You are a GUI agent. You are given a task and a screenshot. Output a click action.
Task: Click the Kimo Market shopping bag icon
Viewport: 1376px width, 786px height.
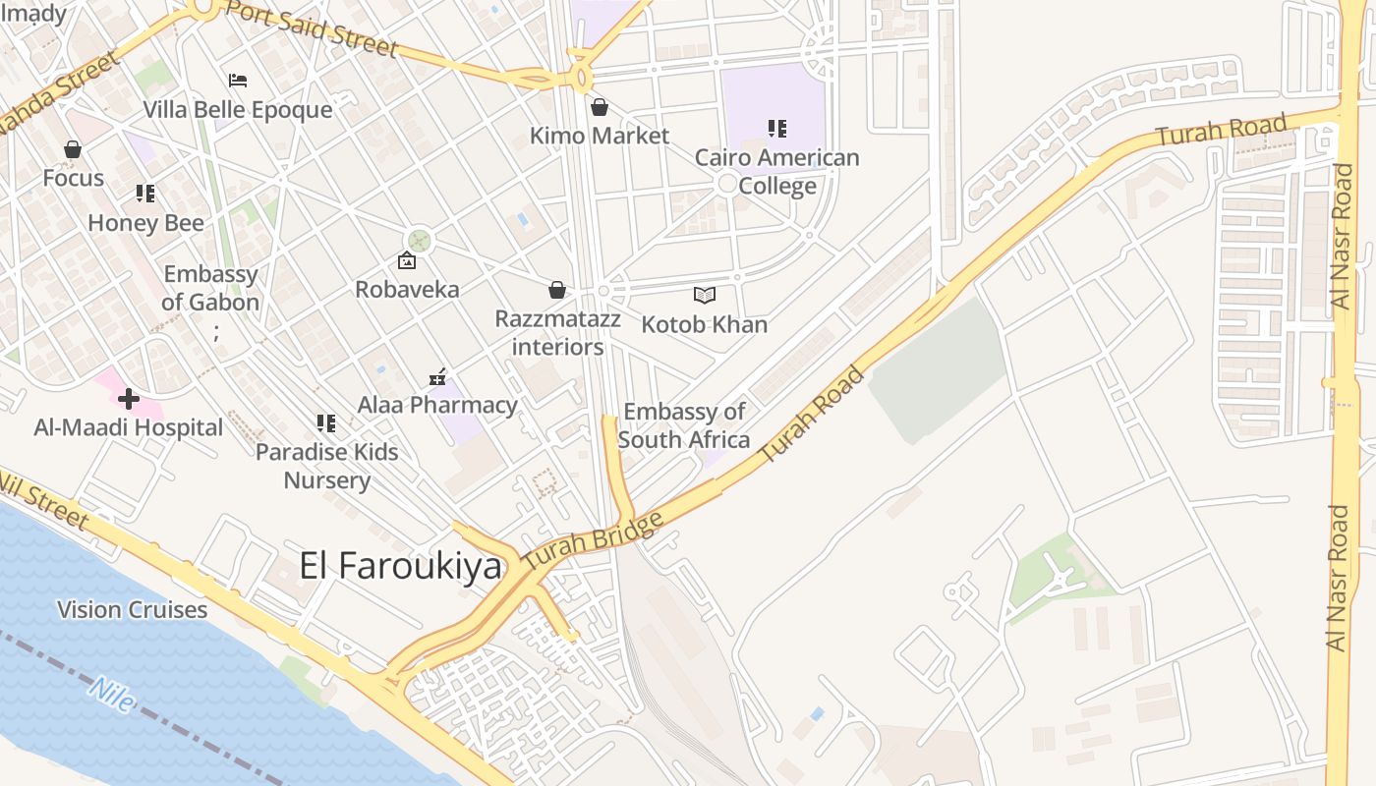coord(599,107)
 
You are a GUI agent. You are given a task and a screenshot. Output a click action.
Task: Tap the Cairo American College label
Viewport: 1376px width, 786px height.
coord(776,172)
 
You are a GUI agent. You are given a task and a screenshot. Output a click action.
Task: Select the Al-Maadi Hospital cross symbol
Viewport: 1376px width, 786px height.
coord(128,399)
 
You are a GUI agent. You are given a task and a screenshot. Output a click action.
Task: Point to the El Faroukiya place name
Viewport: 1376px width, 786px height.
coord(400,567)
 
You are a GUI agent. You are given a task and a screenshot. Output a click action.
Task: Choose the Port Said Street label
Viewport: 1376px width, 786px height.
coord(313,28)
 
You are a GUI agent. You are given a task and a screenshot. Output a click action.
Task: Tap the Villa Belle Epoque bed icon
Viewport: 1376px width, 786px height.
coord(238,81)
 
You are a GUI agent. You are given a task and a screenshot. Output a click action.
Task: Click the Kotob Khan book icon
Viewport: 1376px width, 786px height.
coord(704,295)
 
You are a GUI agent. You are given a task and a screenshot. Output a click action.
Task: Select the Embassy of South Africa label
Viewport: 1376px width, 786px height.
coord(684,425)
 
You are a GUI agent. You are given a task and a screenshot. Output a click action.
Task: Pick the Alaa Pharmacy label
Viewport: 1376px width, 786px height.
coord(437,405)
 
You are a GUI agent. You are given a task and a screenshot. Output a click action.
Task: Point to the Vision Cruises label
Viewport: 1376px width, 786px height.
coord(133,610)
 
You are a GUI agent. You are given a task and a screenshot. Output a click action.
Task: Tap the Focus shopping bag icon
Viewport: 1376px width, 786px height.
coord(72,150)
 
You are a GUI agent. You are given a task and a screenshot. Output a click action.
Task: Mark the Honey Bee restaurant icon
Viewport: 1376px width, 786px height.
coord(145,194)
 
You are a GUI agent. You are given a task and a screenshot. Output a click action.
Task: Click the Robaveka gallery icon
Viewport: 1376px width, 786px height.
coord(406,260)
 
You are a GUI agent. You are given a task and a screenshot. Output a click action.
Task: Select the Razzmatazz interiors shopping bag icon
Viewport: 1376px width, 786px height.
coord(556,290)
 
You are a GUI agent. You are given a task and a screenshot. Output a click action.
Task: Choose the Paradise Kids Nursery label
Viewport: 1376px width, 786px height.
coord(327,466)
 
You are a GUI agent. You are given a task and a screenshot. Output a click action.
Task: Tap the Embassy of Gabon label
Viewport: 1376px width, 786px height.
coord(210,288)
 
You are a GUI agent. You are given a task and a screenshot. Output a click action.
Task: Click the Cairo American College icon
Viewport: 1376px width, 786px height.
coord(777,129)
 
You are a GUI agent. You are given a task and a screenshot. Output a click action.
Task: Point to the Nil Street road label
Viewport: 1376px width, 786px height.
coord(44,501)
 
